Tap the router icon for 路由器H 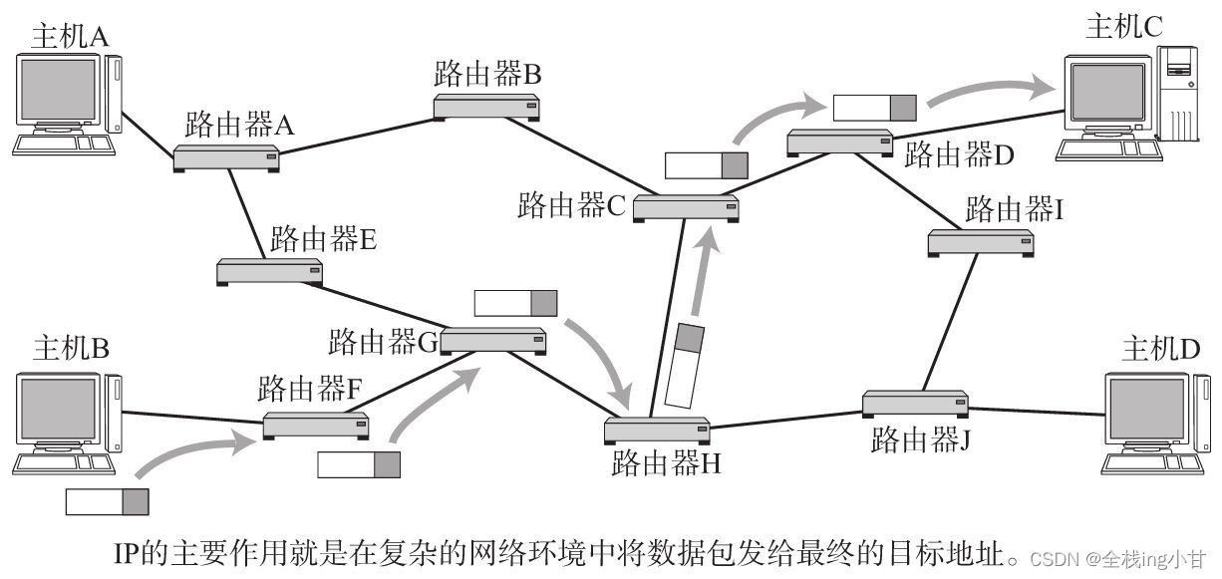point(658,431)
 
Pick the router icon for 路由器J point(915,404)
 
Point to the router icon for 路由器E point(270,270)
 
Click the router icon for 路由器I point(980,241)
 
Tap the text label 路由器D point(960,155)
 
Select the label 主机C point(1124,27)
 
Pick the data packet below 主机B point(107,501)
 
